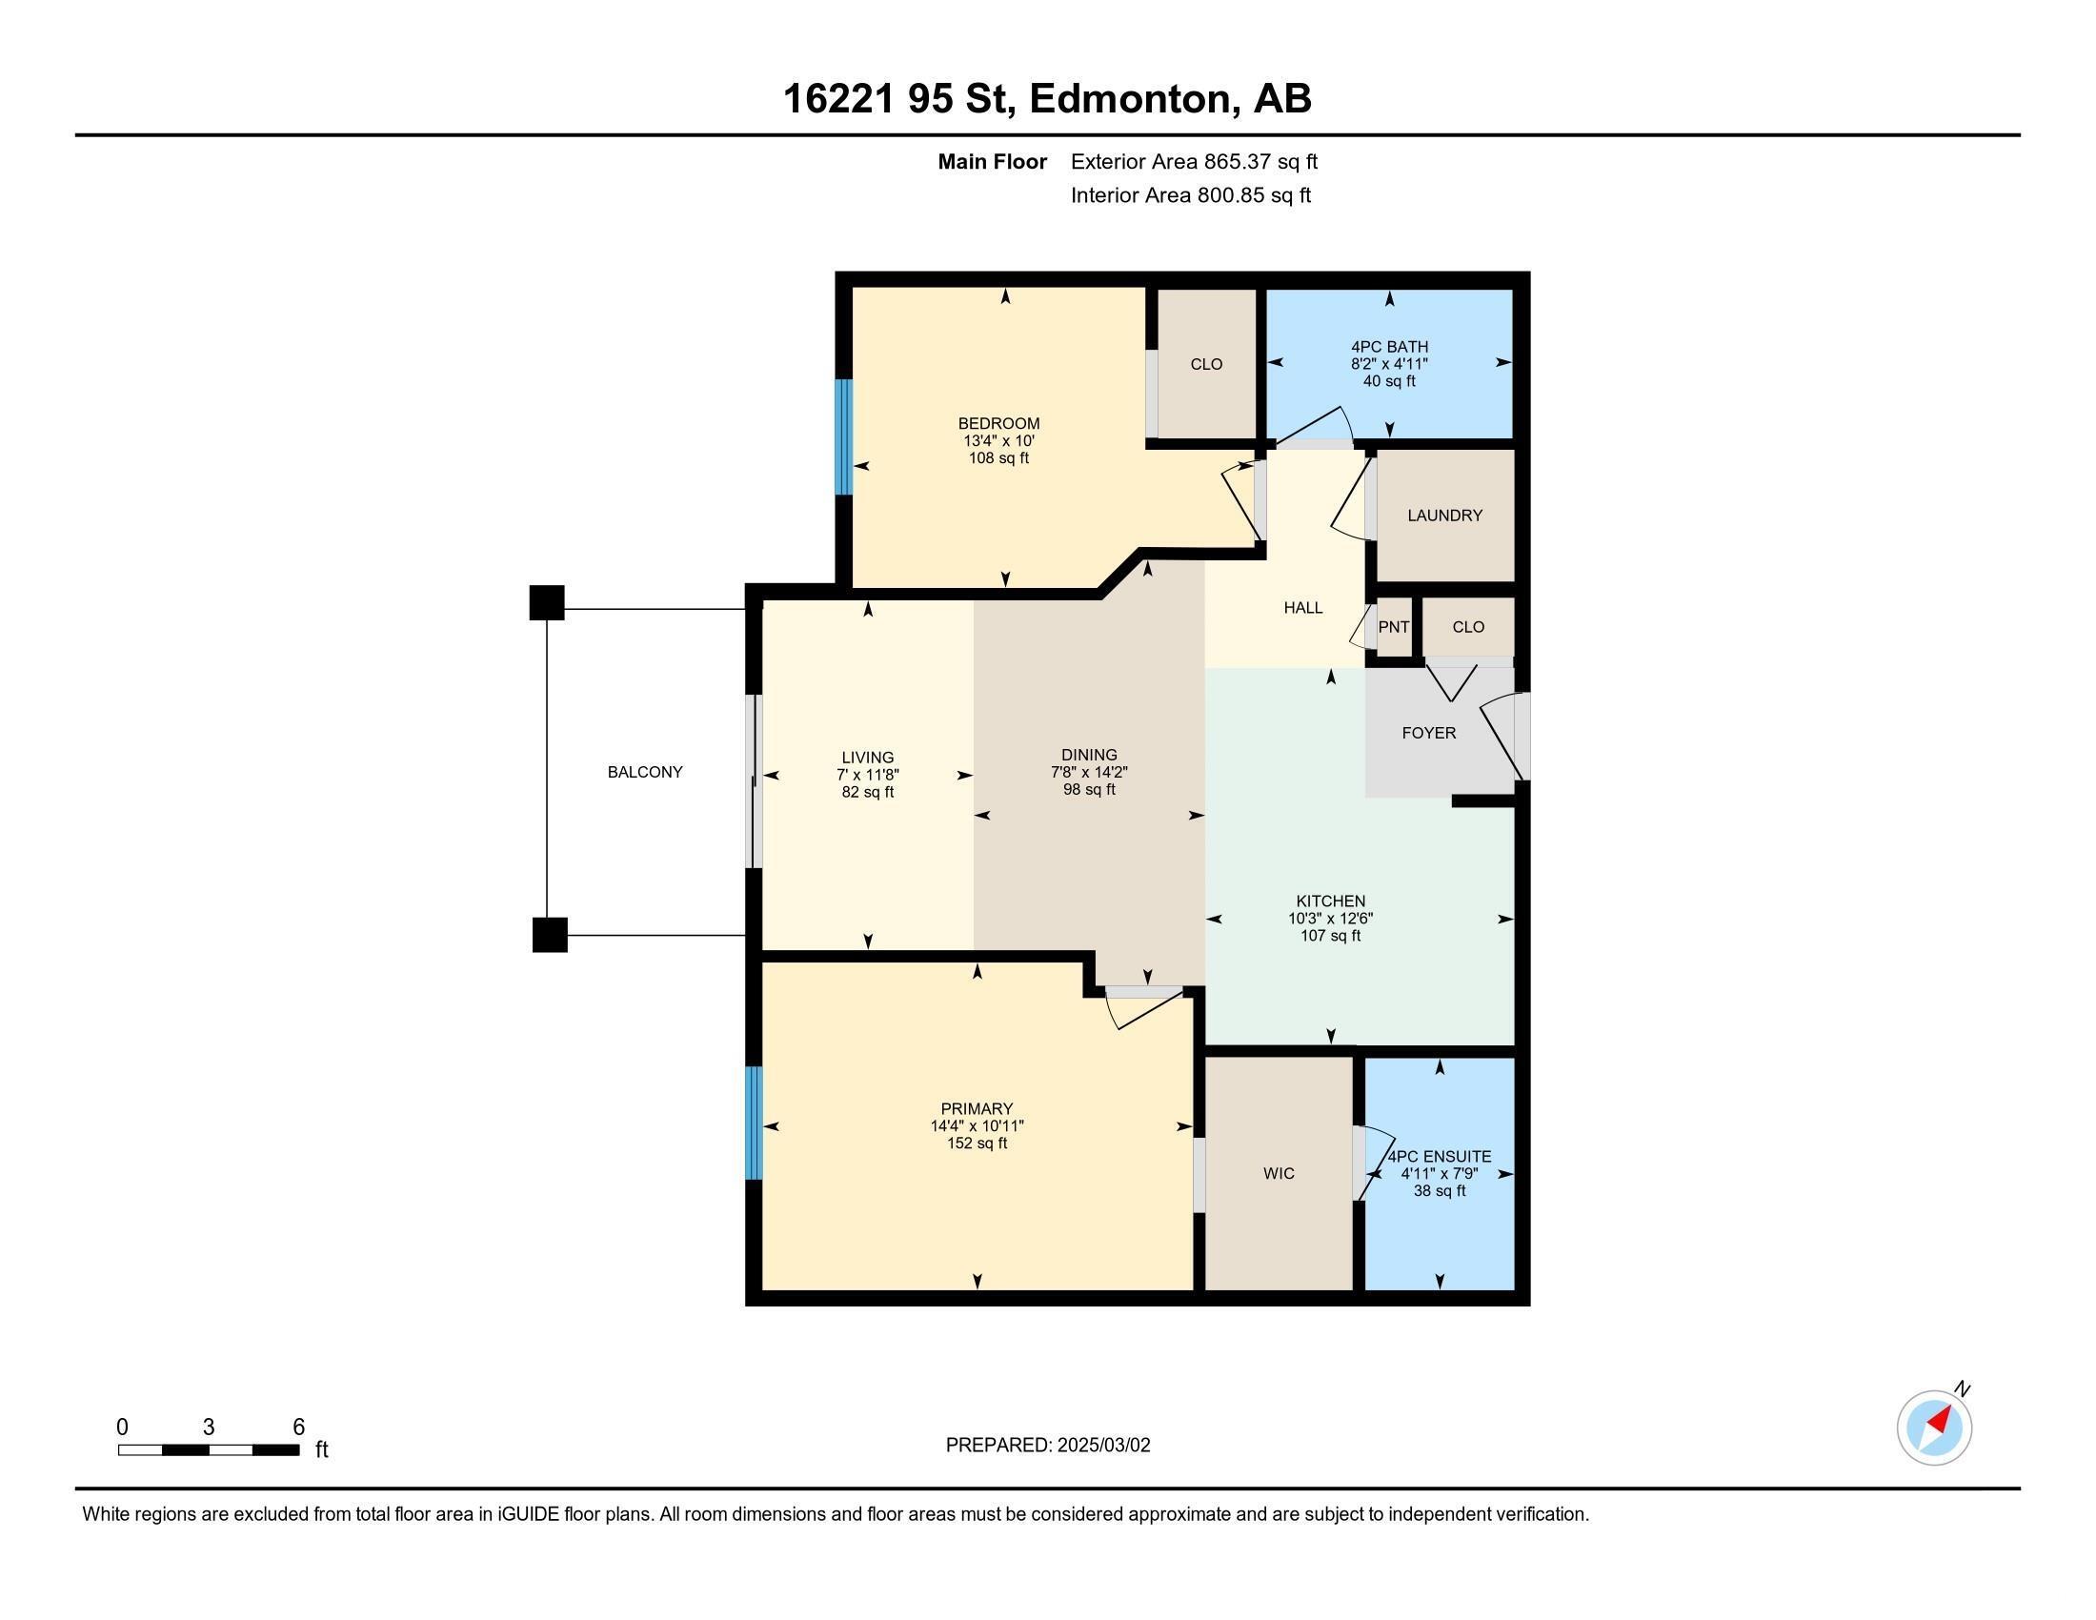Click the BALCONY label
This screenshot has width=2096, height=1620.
[645, 772]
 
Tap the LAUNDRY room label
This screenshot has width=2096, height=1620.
[1444, 516]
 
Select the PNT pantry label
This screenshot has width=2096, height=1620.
[1394, 627]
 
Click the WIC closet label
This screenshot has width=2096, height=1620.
[1279, 1173]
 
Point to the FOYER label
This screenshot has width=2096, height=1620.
[1429, 733]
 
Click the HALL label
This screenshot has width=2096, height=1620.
[1303, 608]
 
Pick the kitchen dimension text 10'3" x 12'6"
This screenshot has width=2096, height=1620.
[1330, 919]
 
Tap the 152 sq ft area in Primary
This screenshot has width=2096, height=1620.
[977, 1143]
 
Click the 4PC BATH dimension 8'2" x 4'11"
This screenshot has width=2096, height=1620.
[1390, 364]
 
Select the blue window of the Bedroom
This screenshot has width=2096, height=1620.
[843, 436]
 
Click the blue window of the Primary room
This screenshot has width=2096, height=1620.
[754, 1123]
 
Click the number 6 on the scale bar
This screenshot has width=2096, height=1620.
[298, 1427]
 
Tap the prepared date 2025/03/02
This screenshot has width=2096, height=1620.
[1103, 1445]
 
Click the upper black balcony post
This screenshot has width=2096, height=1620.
[547, 602]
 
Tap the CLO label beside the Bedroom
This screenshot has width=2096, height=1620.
[1206, 364]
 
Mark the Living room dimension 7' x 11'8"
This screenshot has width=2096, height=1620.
[868, 775]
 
